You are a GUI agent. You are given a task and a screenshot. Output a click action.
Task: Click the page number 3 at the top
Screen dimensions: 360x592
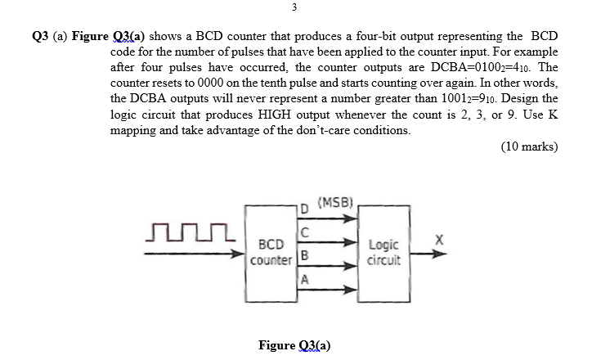click(295, 9)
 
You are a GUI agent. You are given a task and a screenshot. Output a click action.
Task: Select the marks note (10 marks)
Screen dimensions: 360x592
click(528, 147)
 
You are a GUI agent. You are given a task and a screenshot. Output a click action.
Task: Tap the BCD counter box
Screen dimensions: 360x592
click(271, 253)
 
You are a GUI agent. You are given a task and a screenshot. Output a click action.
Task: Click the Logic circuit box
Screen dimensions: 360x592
click(384, 253)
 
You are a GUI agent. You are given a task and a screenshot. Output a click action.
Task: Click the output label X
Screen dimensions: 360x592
click(438, 240)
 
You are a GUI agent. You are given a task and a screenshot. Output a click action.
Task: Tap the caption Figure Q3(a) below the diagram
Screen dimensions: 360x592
click(294, 345)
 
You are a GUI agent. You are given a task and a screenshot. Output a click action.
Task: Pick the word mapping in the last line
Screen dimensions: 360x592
click(138, 131)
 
